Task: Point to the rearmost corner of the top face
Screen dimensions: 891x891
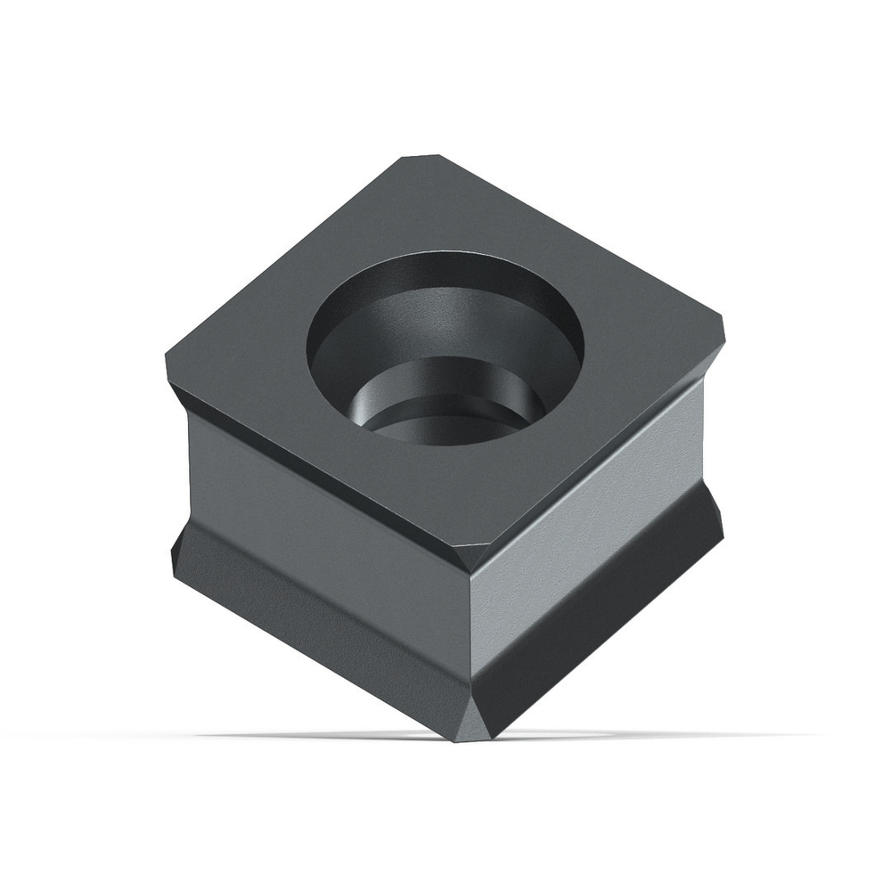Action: coord(421,159)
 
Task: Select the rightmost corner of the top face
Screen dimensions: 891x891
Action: coord(722,331)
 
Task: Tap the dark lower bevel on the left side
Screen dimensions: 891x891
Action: coord(312,624)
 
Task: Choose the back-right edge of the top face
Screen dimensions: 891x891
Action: coord(579,241)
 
